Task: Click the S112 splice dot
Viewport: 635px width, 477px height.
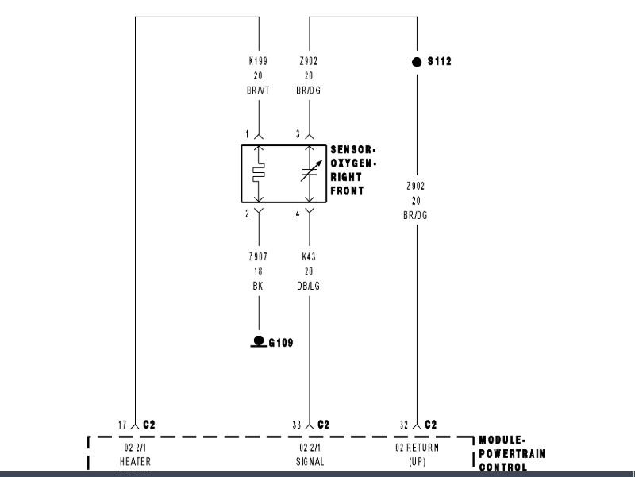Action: [x=417, y=62]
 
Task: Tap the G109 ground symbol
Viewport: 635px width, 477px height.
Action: [x=258, y=341]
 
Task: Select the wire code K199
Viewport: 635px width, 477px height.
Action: [x=259, y=61]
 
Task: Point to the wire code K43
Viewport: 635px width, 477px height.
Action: [x=309, y=257]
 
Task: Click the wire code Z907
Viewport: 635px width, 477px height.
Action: [x=259, y=257]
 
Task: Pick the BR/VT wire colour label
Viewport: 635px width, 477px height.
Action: [x=259, y=90]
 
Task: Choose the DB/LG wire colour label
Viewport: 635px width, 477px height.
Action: [x=309, y=286]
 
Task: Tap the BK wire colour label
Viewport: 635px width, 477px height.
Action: [x=259, y=286]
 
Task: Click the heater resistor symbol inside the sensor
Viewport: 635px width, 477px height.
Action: [x=259, y=174]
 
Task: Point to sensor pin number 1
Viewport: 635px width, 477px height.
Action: [x=247, y=134]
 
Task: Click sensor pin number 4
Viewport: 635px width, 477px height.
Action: [x=298, y=213]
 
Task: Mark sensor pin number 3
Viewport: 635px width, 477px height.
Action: [x=298, y=134]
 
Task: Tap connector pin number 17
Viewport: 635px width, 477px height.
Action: [x=123, y=425]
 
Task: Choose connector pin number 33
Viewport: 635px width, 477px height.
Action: [x=296, y=425]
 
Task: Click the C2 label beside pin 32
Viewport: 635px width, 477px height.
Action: [x=430, y=425]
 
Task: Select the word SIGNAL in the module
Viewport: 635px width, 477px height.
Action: [x=309, y=461]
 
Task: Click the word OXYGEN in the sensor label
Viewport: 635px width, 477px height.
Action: [x=352, y=163]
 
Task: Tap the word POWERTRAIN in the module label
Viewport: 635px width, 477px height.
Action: [x=512, y=453]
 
